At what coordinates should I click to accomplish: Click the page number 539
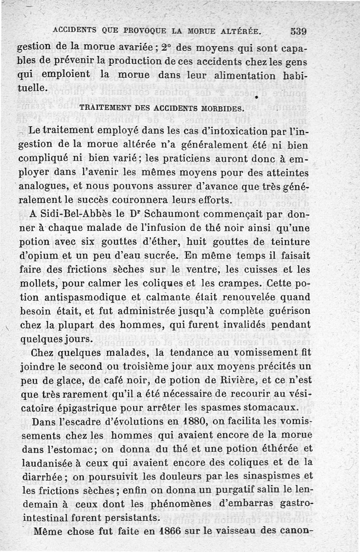(298, 31)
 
